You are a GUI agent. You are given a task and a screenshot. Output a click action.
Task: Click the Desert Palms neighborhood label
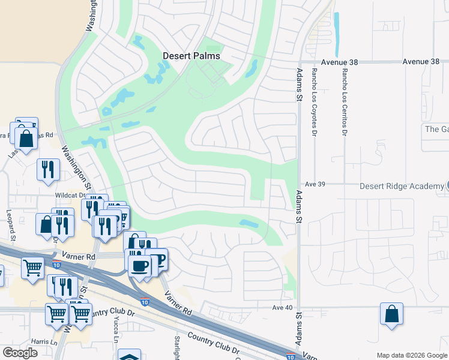tap(191, 56)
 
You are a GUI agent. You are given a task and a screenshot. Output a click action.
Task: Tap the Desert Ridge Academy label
tap(402, 186)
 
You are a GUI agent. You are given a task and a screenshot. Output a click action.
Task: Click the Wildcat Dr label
tap(71, 196)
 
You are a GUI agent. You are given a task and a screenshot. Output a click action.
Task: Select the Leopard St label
tap(11, 223)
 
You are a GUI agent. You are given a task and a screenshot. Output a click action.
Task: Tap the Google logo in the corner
tap(20, 353)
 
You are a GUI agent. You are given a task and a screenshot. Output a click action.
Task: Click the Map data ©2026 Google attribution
tap(412, 355)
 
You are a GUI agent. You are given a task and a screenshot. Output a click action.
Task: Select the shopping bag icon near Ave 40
tap(391, 314)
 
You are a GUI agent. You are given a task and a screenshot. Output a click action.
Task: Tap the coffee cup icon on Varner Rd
tap(140, 265)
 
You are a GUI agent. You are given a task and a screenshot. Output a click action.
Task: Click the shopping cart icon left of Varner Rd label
tap(32, 266)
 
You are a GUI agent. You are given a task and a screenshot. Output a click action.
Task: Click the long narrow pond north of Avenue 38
tap(336, 33)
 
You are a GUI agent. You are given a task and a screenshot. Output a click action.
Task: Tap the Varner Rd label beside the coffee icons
tap(82, 257)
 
